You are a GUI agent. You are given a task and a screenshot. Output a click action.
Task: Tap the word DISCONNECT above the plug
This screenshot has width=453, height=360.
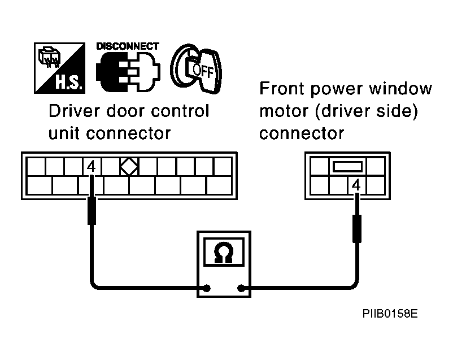[x=128, y=46]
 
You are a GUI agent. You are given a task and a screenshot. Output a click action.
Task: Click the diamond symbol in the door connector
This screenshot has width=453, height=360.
[x=129, y=167]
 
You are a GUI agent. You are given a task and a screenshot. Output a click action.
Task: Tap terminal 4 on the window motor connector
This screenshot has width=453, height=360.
[x=356, y=184]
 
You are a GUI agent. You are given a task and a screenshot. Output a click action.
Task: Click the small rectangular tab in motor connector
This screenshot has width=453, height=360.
[x=346, y=167]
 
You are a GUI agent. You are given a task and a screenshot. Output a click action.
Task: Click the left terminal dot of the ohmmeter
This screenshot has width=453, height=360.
[x=207, y=289]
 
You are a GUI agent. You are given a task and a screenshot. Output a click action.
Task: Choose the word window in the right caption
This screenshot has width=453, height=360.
[x=401, y=89]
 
